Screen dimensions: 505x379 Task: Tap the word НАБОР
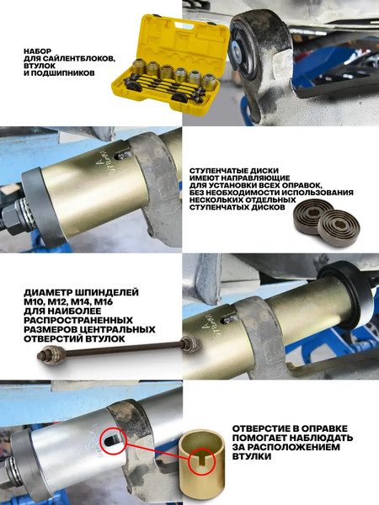(x=41, y=50)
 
